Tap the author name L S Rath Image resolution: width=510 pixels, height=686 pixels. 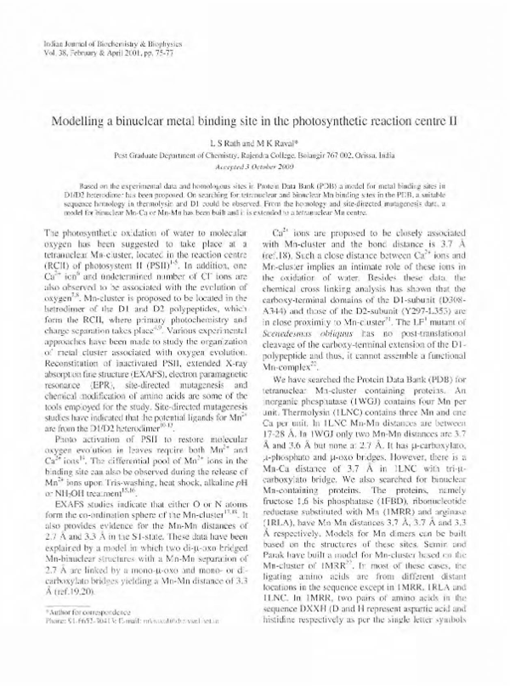[x=217, y=144]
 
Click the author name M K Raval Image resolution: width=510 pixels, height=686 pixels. [x=273, y=144]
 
